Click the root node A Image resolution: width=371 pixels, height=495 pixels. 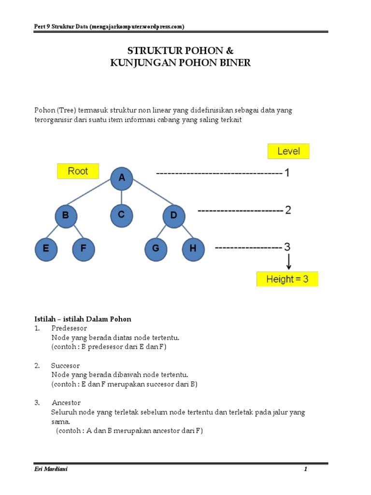point(122,178)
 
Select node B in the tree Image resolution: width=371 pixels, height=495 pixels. point(66,216)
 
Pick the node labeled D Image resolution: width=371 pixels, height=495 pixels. point(173,216)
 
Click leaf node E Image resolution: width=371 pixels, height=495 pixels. point(46,249)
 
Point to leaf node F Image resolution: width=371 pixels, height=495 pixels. point(84,249)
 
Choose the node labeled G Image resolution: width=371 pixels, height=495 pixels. point(156,249)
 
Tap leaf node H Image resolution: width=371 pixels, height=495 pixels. point(193,249)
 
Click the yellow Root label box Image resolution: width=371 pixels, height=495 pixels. point(78,171)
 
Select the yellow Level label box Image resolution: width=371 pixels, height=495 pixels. point(288,151)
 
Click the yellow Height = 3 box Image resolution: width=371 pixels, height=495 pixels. point(287,279)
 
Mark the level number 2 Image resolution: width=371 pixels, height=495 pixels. point(288,210)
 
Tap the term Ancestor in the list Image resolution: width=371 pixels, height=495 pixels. point(66,403)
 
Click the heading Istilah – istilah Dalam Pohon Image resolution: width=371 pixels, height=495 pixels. point(83,319)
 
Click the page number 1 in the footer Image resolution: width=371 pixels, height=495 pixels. point(305,469)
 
